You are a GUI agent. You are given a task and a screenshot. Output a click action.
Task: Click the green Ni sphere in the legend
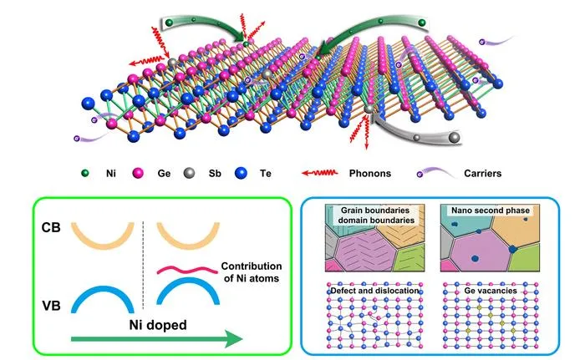coord(85,173)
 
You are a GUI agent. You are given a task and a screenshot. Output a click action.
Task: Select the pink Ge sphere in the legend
coord(138,173)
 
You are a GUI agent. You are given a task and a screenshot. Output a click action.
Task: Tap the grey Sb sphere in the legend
coord(190,173)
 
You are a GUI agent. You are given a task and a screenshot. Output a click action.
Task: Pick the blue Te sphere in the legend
coord(241,173)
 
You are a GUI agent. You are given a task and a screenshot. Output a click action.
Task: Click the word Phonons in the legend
coord(370,174)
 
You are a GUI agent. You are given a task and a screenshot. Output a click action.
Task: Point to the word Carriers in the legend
coord(483,174)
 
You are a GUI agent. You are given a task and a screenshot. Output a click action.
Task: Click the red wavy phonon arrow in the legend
coord(320,173)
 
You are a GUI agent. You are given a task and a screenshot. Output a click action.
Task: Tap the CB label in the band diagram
coord(51,227)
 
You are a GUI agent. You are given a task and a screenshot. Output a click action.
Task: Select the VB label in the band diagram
coord(51,306)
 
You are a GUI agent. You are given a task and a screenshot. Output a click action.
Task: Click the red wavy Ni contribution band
coord(187,270)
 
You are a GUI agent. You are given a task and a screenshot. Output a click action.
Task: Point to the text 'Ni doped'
coord(158,325)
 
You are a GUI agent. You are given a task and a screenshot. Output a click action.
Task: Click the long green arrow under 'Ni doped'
coord(157,339)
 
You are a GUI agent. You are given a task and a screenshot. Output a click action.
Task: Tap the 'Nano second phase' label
coord(491,210)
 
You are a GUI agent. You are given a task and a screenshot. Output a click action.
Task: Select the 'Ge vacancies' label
coord(491,291)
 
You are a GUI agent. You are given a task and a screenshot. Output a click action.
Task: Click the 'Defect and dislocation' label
coord(375,291)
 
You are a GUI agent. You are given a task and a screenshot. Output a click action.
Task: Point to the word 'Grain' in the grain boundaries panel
coord(352,210)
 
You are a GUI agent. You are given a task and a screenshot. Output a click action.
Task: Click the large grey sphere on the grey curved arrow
coord(454,137)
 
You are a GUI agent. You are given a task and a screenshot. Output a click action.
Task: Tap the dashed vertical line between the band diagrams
coord(143,266)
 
